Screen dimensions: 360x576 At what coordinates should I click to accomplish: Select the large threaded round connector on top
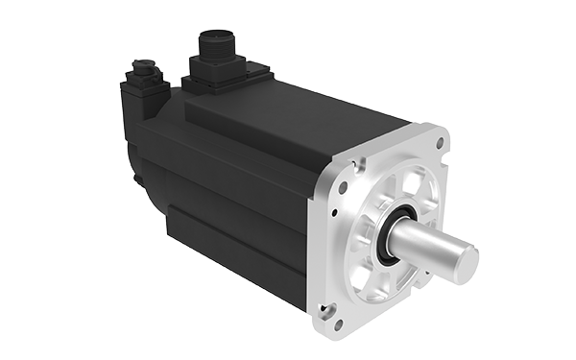tap(212, 46)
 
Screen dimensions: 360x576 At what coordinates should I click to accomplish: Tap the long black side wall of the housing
tap(230, 192)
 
